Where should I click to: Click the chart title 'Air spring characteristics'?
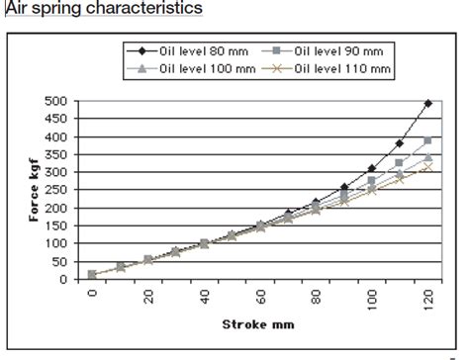tap(104, 9)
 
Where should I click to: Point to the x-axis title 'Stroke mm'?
tap(259, 322)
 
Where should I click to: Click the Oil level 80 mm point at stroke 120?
tap(427, 104)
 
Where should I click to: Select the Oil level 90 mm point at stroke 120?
tap(427, 140)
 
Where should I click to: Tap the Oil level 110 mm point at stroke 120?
tap(427, 167)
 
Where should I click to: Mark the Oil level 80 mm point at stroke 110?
tap(400, 143)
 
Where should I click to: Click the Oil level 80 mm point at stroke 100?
tap(372, 169)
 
